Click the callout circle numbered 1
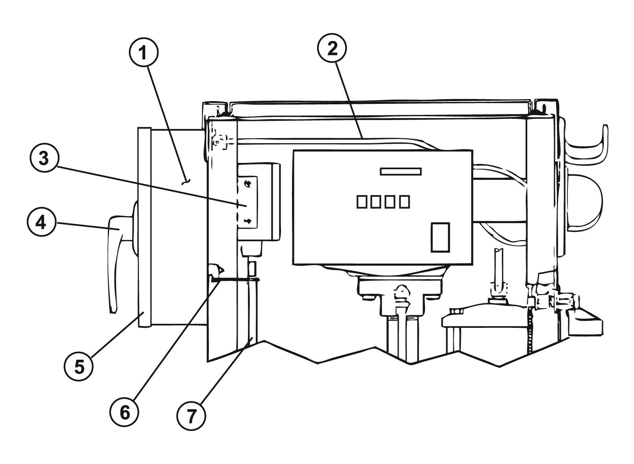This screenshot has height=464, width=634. click(x=144, y=53)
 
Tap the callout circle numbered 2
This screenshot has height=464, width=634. click(x=332, y=48)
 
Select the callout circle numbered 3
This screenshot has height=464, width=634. click(x=44, y=158)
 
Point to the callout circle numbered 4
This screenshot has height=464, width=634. click(x=41, y=222)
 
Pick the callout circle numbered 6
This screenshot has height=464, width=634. click(x=124, y=412)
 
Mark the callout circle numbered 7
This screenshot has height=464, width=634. click(x=191, y=416)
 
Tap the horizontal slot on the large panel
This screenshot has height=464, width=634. click(x=401, y=172)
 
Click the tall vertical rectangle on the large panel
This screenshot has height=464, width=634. click(x=440, y=237)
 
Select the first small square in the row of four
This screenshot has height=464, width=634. click(x=362, y=202)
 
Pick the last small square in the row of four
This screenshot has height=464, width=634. click(x=405, y=202)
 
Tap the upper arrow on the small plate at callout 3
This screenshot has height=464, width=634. click(x=248, y=183)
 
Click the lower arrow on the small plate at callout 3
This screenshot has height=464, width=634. click(x=248, y=221)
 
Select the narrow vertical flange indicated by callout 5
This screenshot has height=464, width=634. click(x=145, y=227)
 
